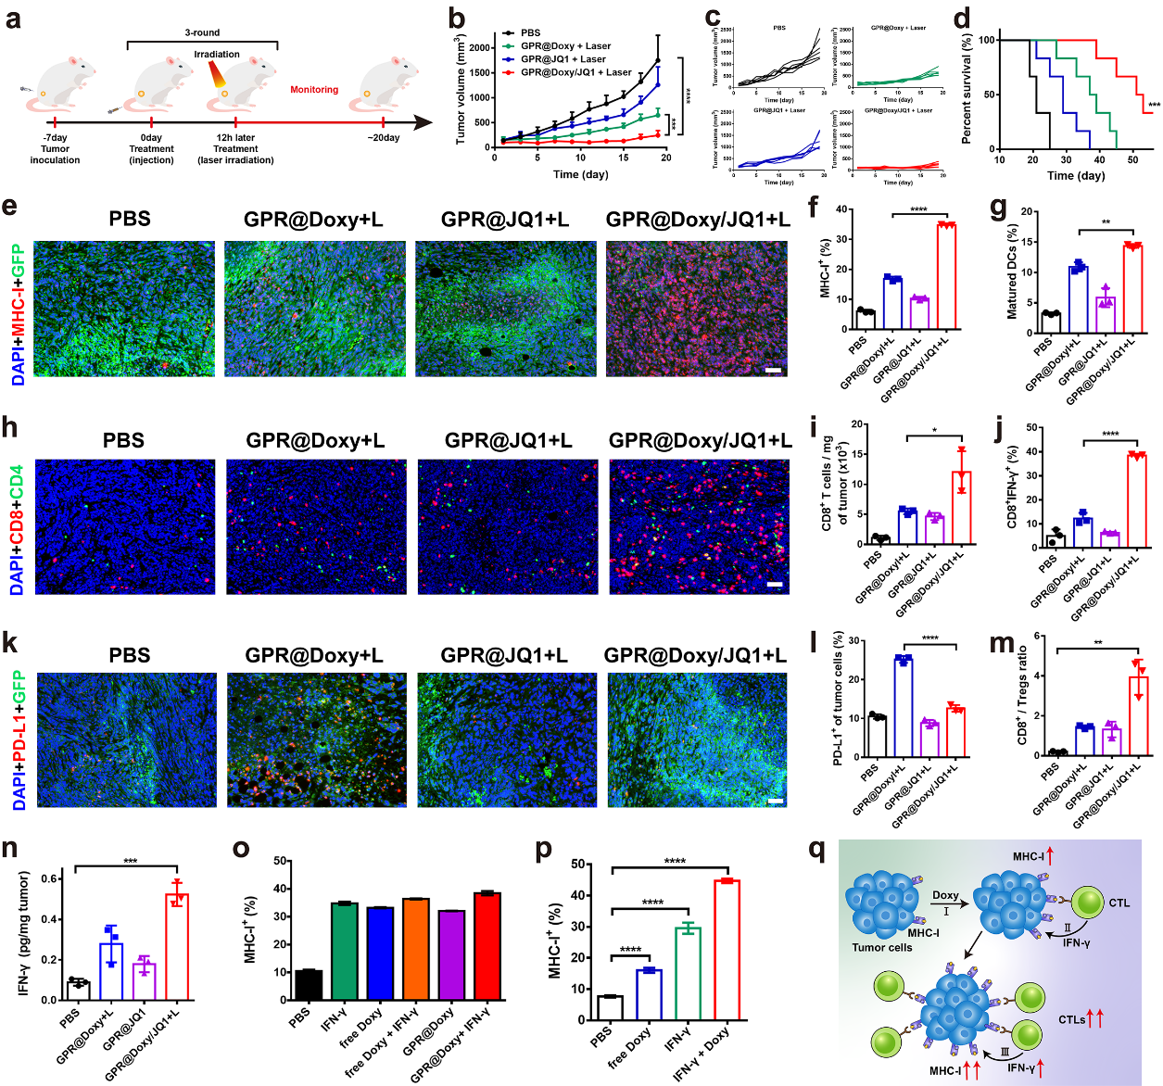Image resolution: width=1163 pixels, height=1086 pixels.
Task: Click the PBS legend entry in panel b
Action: [530, 32]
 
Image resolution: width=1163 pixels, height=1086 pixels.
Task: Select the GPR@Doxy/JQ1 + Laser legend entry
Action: [575, 72]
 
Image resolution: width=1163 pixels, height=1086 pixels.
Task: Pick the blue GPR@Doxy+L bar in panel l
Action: [904, 705]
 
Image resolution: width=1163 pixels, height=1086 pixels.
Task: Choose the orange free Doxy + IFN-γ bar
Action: [416, 949]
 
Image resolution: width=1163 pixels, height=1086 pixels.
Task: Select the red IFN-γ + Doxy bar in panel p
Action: [727, 949]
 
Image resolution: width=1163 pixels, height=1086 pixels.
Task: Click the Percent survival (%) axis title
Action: [967, 90]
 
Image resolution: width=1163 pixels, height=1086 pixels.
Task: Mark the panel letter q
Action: [817, 849]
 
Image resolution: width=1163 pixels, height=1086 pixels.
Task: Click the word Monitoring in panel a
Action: [314, 90]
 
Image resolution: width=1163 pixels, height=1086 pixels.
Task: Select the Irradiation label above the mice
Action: [217, 55]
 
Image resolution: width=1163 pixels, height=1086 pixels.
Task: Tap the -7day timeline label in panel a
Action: [55, 137]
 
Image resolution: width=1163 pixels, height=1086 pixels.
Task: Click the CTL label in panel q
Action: [1119, 903]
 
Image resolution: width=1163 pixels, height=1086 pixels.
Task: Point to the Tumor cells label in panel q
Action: [882, 947]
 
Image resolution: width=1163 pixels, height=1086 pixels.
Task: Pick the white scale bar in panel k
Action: [777, 801]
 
